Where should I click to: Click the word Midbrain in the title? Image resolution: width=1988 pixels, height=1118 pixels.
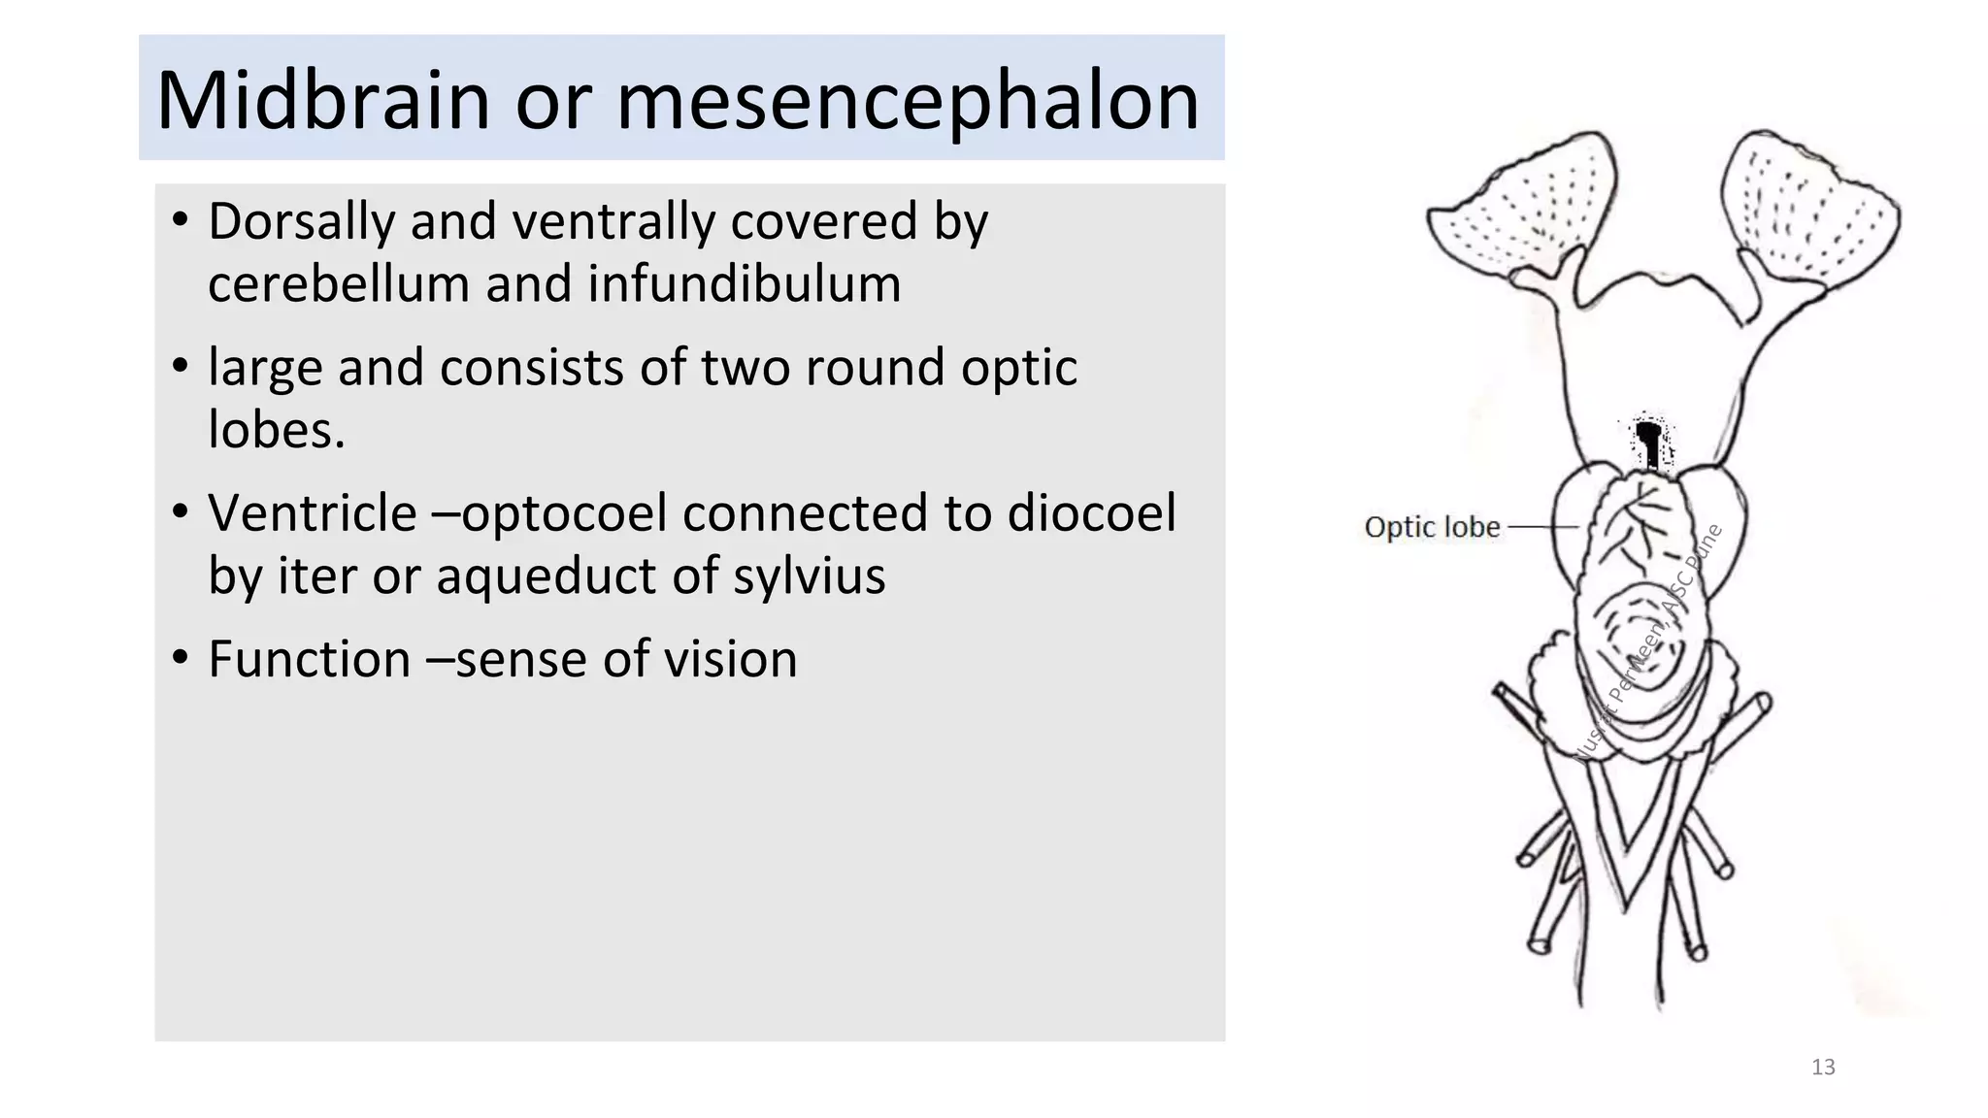point(322,101)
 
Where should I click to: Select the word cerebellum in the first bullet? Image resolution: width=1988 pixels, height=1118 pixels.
point(337,284)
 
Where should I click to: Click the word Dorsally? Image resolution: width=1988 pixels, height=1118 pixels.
point(301,221)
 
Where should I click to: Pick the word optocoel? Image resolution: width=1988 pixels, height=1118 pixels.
point(565,512)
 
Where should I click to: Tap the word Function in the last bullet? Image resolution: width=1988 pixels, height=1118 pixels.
point(309,660)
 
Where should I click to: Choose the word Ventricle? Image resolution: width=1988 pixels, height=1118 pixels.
point(312,512)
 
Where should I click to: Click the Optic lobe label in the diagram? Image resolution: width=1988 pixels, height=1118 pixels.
point(1432,527)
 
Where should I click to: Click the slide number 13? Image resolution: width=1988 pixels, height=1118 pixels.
point(1823,1068)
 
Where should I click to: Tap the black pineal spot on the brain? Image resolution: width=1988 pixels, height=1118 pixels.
point(1647,440)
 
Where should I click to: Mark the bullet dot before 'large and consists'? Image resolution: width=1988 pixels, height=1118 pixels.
point(180,367)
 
